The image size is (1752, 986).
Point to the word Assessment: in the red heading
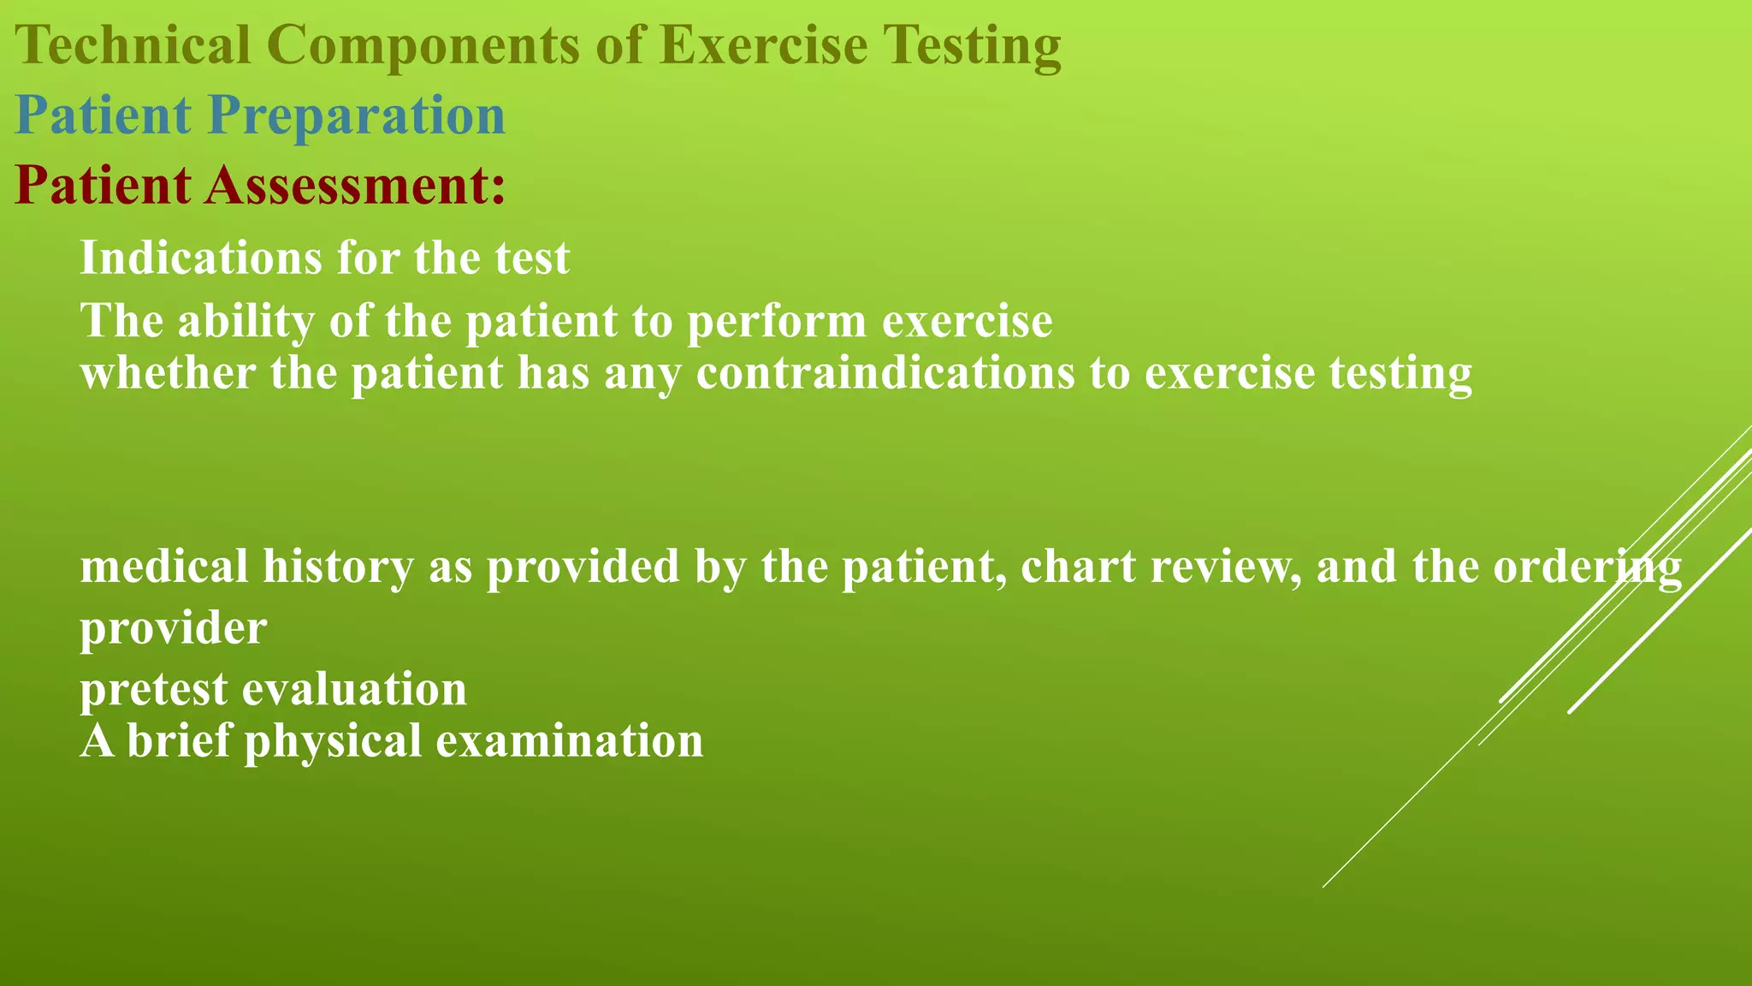click(354, 185)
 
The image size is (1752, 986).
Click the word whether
click(168, 373)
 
